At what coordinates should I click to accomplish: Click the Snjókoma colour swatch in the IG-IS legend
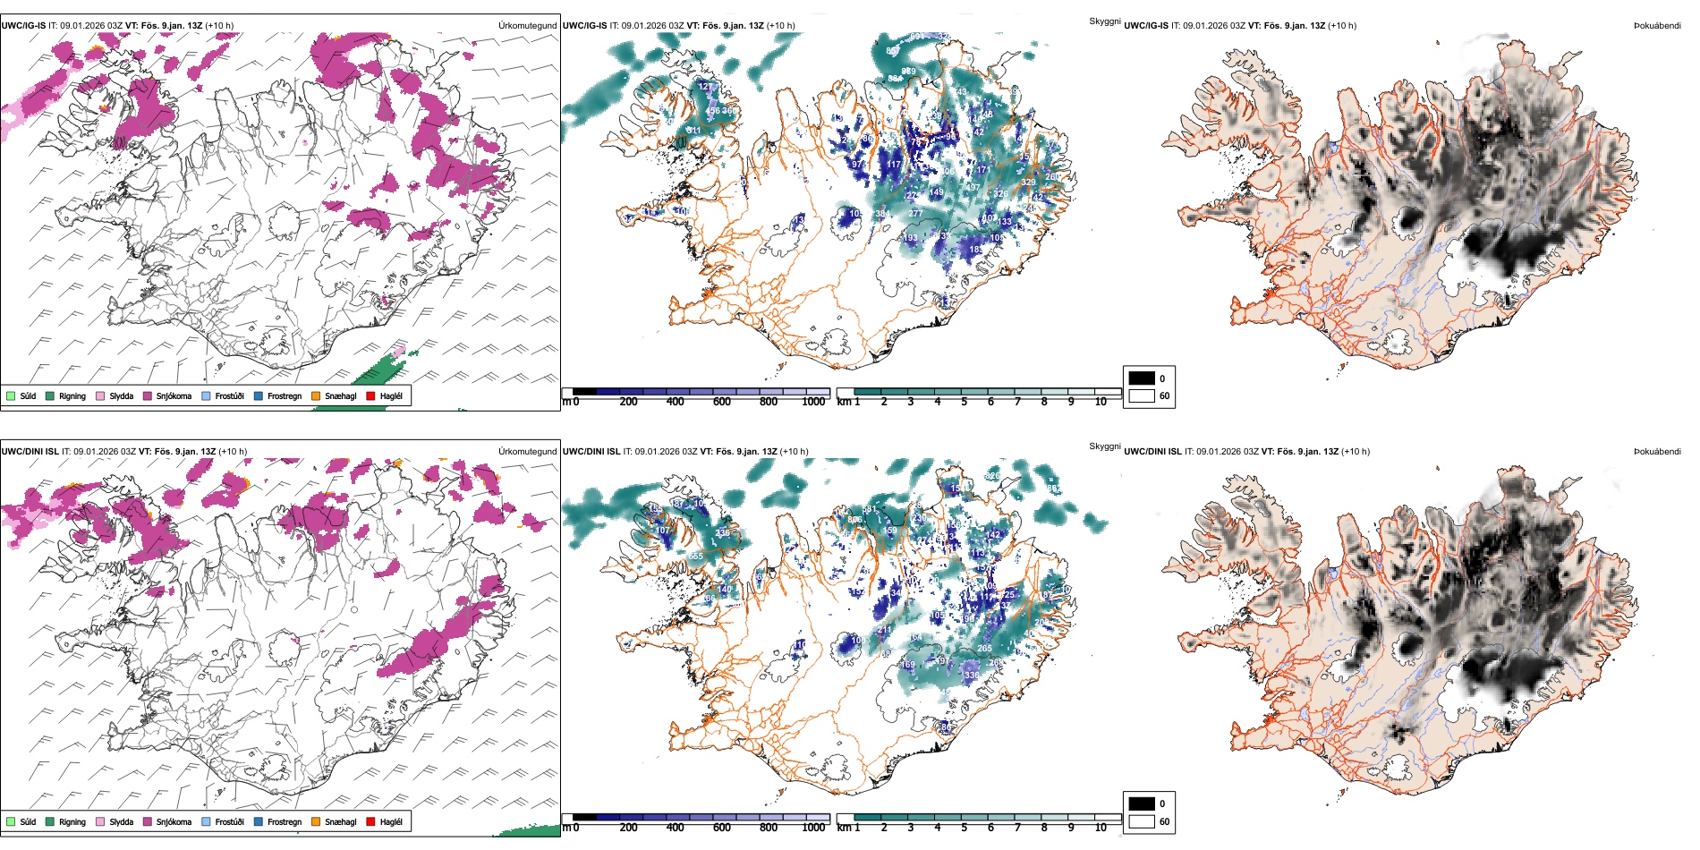coord(148,395)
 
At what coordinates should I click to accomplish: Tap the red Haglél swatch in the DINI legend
coord(370,821)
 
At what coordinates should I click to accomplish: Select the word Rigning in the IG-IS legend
coord(72,395)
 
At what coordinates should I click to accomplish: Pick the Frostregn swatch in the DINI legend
coord(258,821)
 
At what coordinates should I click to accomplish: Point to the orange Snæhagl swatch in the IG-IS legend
coord(316,395)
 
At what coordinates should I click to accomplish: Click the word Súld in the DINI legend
coord(28,821)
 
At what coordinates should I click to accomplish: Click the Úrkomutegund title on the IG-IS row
coord(527,25)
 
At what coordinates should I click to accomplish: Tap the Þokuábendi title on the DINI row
coord(1657,451)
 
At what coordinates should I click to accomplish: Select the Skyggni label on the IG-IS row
coord(1104,21)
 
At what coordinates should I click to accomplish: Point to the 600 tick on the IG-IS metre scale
coord(721,402)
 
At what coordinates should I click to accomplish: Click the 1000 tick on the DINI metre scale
coord(813,828)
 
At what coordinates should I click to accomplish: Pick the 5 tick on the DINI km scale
coord(964,828)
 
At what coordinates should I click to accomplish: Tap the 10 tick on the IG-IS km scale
coord(1101,402)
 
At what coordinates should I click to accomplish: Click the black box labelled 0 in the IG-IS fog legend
coord(1142,378)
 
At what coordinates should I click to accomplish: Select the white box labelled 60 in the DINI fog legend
coord(1142,821)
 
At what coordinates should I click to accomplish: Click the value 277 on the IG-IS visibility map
coord(914,213)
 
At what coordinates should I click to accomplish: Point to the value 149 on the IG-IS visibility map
coord(936,192)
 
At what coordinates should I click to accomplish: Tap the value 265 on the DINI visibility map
coord(984,649)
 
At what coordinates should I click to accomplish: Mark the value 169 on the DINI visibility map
coord(908,664)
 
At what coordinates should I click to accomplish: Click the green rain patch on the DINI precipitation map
coord(528,829)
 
